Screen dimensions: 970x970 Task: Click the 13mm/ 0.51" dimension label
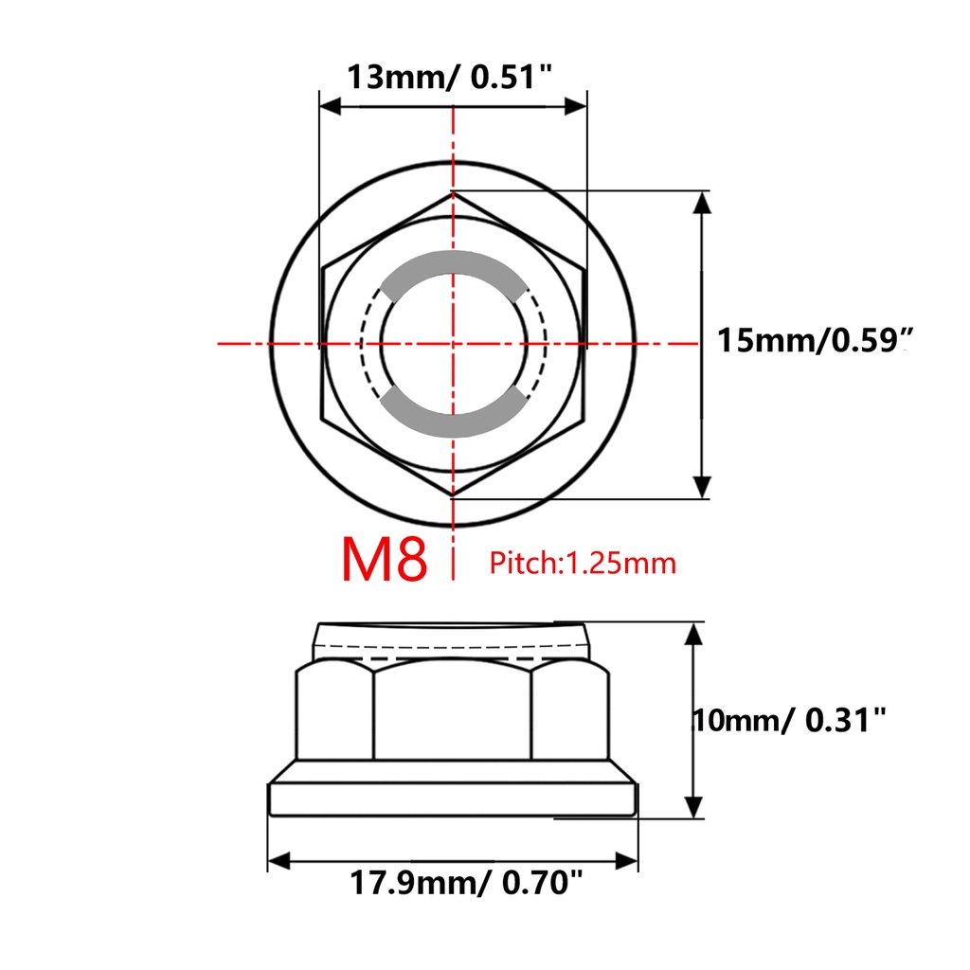tap(450, 76)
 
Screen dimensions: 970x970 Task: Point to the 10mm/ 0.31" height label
tap(791, 721)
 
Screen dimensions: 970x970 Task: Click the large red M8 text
tap(385, 561)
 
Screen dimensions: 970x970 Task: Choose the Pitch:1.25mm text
tap(583, 564)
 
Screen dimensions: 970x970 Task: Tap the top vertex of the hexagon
tap(454, 192)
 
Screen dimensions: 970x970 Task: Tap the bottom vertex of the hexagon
tap(454, 495)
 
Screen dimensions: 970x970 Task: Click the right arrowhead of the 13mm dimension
tap(576, 106)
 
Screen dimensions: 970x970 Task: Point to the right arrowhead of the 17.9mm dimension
tap(627, 861)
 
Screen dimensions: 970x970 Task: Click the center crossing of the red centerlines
tap(454, 343)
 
